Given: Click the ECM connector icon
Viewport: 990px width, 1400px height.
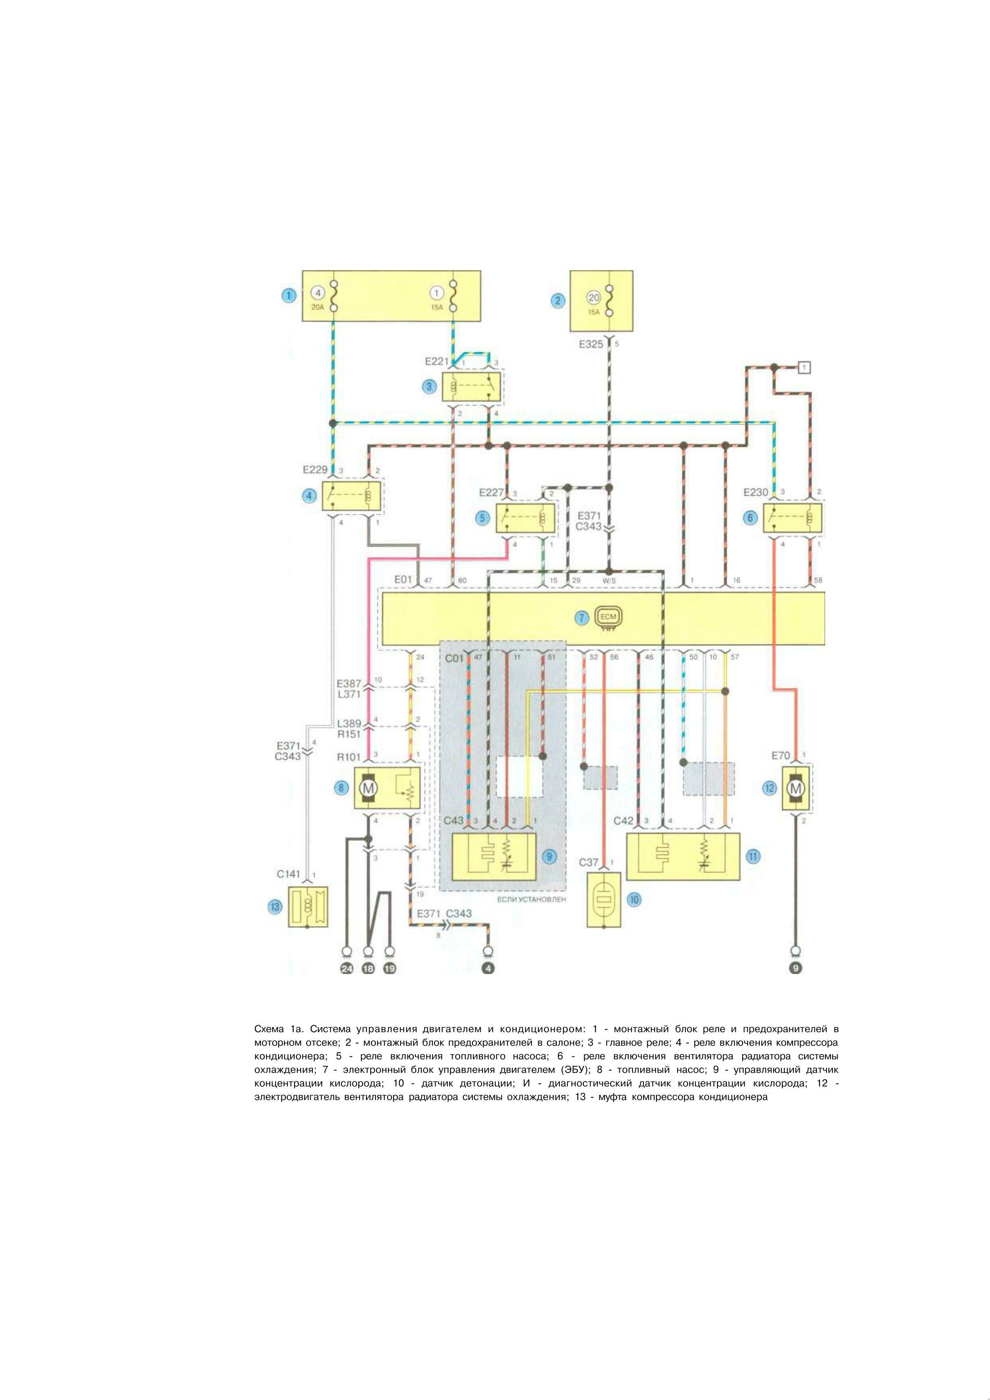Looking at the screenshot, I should pyautogui.click(x=609, y=617).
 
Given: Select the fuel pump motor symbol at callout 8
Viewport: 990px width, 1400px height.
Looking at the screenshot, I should pyautogui.click(x=368, y=789).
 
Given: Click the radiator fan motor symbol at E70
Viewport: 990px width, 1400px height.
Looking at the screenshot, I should pyautogui.click(x=796, y=789).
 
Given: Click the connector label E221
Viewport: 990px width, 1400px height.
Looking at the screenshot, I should pyautogui.click(x=437, y=362).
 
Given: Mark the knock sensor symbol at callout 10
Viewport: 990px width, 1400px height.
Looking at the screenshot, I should pyautogui.click(x=603, y=901).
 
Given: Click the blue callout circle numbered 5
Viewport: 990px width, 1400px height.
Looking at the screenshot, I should pyautogui.click(x=483, y=518).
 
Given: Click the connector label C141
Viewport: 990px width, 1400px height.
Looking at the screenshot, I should pyautogui.click(x=289, y=874).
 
